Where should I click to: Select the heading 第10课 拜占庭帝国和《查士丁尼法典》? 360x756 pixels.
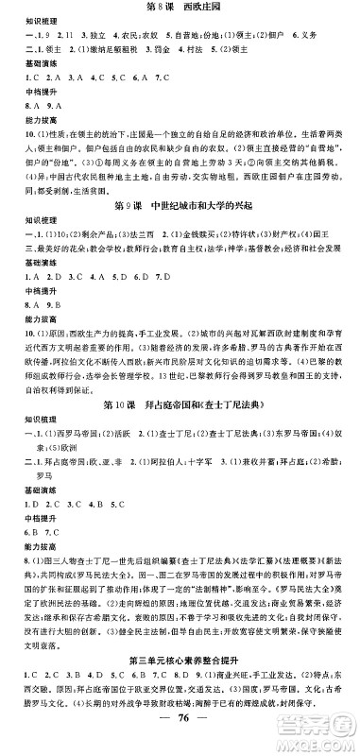pos(179,406)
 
